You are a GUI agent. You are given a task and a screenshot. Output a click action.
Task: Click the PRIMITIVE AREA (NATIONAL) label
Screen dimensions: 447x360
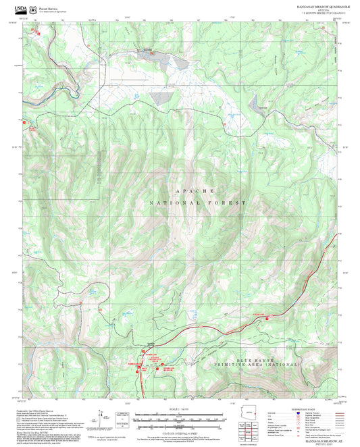click(x=269, y=363)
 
